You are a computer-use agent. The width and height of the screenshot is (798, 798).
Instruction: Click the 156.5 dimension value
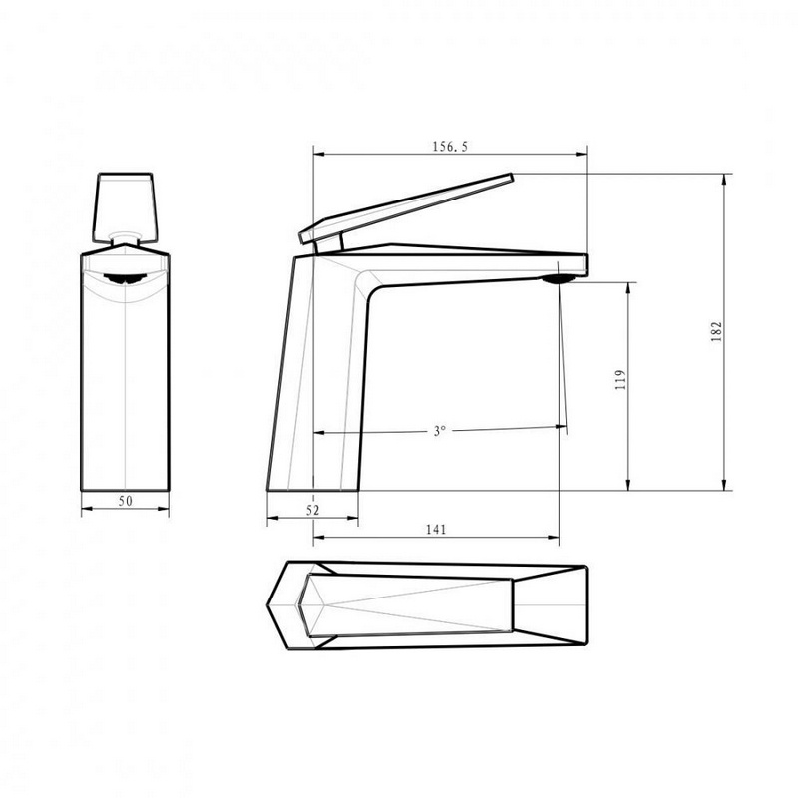[x=450, y=147]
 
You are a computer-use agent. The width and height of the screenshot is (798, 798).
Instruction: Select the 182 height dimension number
[x=716, y=332]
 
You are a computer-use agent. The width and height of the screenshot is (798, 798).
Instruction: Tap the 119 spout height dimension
[x=620, y=380]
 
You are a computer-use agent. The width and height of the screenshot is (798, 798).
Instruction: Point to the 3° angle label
[x=439, y=431]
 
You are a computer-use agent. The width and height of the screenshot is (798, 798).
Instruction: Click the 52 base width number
[x=313, y=510]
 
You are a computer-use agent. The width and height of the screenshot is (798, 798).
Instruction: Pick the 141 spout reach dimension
[x=436, y=530]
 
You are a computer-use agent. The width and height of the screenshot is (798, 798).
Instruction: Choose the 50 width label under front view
[x=126, y=501]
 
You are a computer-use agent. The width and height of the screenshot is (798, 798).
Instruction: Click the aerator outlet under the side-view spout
[x=559, y=279]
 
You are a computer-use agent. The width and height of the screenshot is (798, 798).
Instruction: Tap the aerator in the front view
[x=126, y=279]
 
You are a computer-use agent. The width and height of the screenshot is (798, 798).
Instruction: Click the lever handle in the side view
[x=406, y=208]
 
